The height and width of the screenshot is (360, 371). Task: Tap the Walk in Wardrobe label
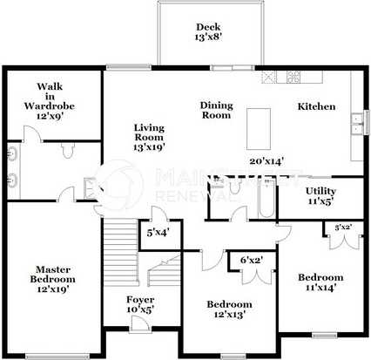pyautogui.click(x=49, y=99)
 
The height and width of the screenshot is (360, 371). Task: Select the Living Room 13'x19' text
pyautogui.click(x=149, y=138)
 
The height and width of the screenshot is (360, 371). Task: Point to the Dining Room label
pyautogui.click(x=215, y=109)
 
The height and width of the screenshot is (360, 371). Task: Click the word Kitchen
pyautogui.click(x=316, y=106)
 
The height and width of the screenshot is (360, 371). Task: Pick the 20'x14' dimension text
pyautogui.click(x=266, y=160)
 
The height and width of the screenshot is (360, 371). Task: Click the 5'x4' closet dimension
pyautogui.click(x=159, y=233)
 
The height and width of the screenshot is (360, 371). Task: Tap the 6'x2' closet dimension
pyautogui.click(x=253, y=259)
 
